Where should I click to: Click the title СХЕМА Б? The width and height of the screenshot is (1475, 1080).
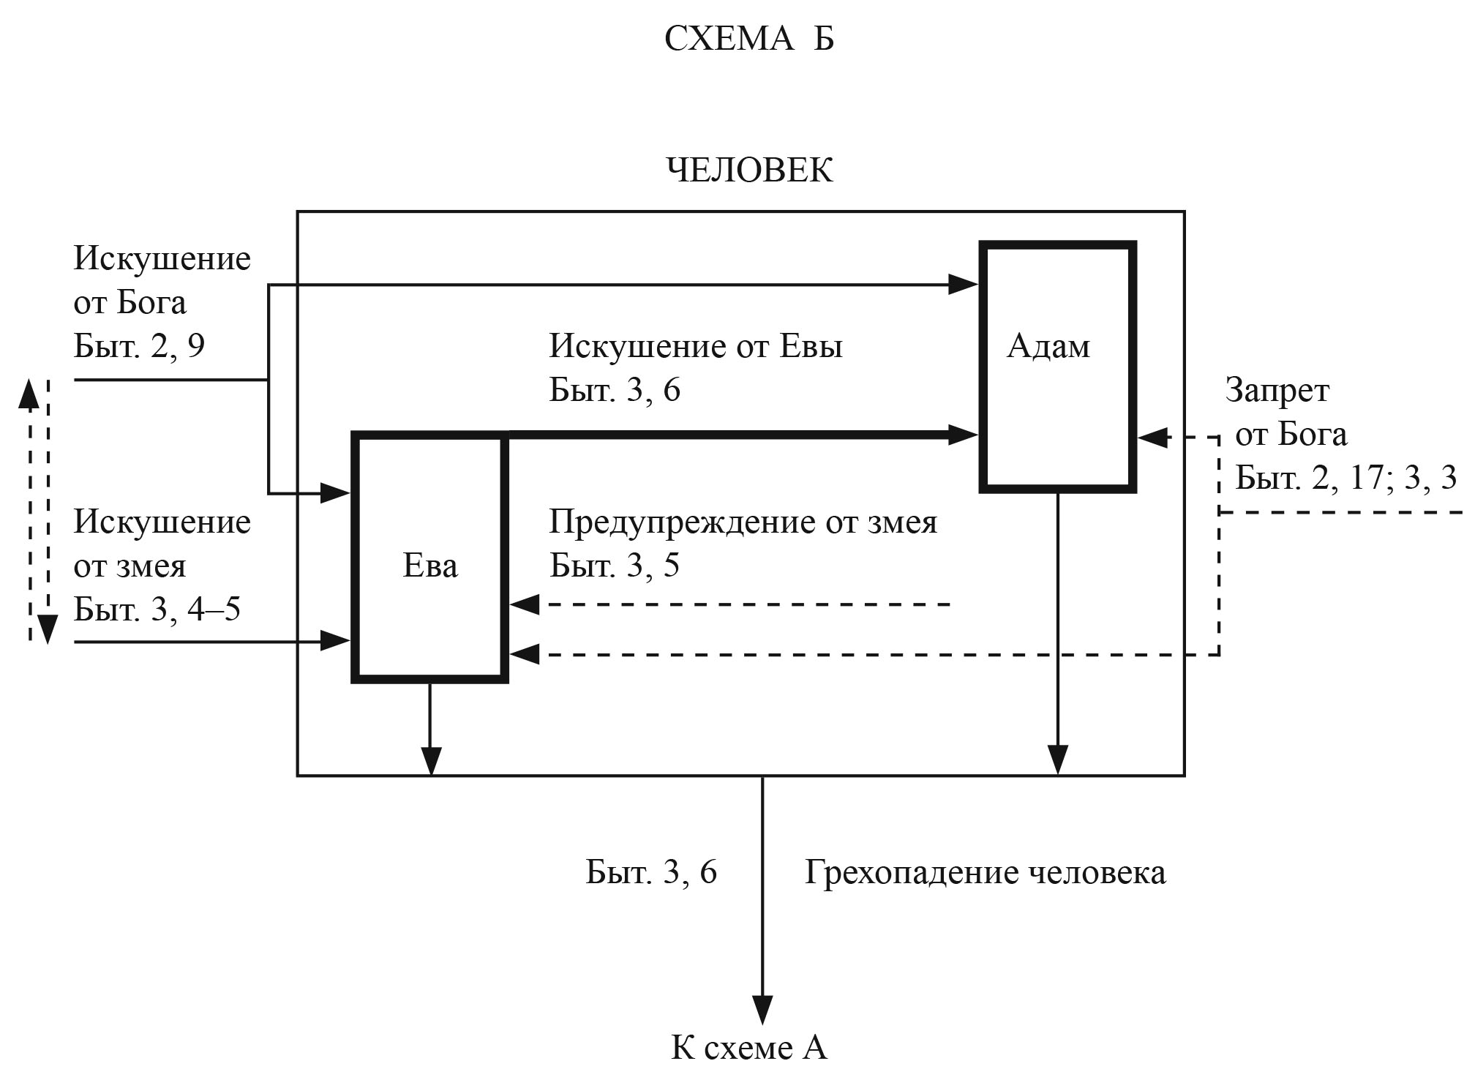click(x=748, y=39)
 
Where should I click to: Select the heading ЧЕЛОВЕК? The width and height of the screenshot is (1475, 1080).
click(x=749, y=170)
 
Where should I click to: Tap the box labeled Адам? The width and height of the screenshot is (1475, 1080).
click(x=1057, y=366)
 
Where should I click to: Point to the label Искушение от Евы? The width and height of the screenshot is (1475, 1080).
click(x=696, y=346)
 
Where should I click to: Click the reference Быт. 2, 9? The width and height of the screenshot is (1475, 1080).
click(x=139, y=346)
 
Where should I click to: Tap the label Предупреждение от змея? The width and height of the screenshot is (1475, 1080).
click(x=743, y=522)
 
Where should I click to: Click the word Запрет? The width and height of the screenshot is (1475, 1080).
click(x=1277, y=391)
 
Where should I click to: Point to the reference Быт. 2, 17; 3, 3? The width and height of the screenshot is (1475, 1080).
click(x=1345, y=478)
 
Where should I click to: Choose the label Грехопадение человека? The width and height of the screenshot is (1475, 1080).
click(x=985, y=872)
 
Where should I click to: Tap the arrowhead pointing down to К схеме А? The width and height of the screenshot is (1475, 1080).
click(x=762, y=1010)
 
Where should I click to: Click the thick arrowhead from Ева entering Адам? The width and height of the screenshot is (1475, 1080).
click(x=964, y=435)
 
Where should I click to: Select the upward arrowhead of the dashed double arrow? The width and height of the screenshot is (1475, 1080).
click(x=28, y=393)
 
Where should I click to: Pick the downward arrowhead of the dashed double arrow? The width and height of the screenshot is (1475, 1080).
click(x=48, y=629)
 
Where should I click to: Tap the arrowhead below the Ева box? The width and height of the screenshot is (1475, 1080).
click(x=431, y=761)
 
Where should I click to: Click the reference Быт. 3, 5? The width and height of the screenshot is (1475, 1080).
click(x=615, y=566)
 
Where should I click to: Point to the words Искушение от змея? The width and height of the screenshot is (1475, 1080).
click(x=162, y=544)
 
